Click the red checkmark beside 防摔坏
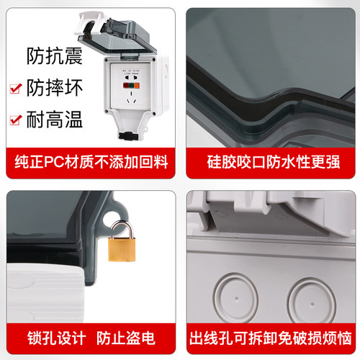pyautogui.click(x=14, y=88)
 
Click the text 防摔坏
pyautogui.click(x=54, y=88)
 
